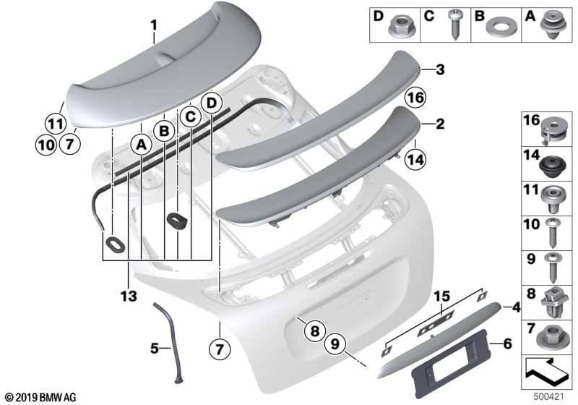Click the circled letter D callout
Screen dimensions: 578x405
211,103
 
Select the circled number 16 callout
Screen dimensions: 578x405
415,98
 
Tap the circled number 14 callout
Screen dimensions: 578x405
415,160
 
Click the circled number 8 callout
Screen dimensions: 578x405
314,331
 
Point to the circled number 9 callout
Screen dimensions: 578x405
335,344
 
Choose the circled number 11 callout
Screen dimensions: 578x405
56,124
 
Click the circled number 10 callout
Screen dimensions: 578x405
46,144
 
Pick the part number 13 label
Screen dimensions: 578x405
129,296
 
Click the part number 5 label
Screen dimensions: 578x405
155,348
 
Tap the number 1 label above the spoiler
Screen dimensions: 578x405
154,25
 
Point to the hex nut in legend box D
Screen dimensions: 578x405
398,26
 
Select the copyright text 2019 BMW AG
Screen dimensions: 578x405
41,397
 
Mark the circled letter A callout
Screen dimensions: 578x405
142,145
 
